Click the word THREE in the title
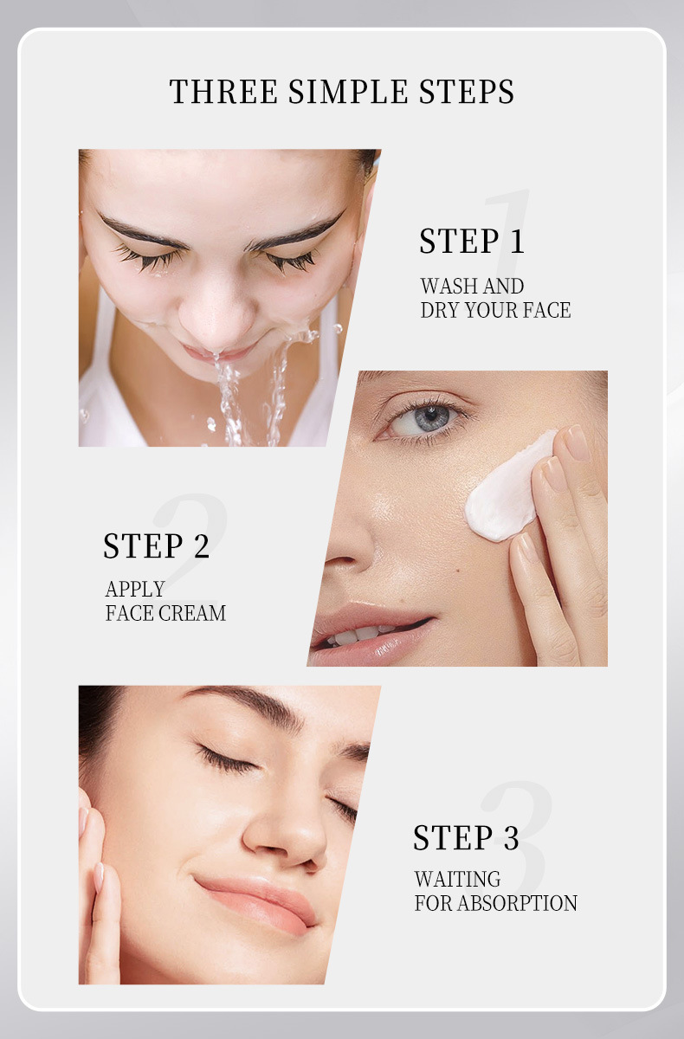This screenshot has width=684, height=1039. click(x=223, y=91)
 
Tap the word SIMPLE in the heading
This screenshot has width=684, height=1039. click(x=348, y=91)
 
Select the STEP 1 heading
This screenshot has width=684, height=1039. click(x=472, y=242)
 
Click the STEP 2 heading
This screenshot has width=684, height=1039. click(x=156, y=545)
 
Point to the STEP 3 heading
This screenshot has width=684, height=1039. click(x=466, y=838)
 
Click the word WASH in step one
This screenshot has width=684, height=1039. click(x=448, y=287)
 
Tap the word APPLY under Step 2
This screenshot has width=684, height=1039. click(x=135, y=589)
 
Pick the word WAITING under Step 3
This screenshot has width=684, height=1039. click(x=457, y=879)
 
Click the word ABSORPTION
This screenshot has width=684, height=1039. click(x=517, y=903)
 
